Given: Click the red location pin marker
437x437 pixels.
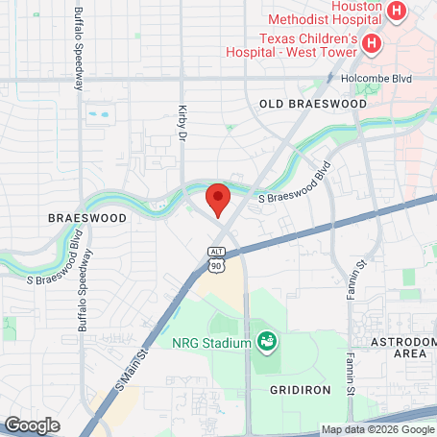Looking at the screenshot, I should click(218, 199).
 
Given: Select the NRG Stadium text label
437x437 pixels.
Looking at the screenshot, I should click(211, 343).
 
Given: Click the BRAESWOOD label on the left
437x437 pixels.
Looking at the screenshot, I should click(86, 219).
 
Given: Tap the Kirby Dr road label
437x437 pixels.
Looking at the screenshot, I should click(181, 124).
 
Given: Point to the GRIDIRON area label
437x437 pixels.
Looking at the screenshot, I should click(299, 390).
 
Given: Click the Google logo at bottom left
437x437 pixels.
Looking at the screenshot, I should click(32, 425).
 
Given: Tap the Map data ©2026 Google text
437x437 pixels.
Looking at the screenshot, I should click(377, 429).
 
